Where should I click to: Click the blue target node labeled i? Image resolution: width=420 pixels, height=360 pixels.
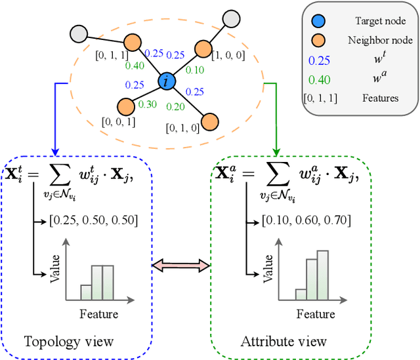click(x=167, y=82)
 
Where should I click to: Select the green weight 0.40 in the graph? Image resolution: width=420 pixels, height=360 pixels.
click(x=135, y=65)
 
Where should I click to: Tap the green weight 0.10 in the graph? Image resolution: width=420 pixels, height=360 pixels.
click(x=195, y=70)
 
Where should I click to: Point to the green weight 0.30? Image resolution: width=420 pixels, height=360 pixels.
click(x=148, y=104)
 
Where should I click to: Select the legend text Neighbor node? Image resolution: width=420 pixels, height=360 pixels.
click(x=379, y=41)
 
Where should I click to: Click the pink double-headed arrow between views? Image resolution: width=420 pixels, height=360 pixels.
click(x=180, y=265)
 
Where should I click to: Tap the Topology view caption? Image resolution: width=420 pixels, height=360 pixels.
click(x=69, y=342)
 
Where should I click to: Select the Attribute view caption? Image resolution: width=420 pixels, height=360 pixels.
click(x=283, y=342)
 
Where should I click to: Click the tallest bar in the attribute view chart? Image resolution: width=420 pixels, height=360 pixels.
click(x=322, y=275)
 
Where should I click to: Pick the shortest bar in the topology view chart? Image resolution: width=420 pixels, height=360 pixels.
click(x=86, y=292)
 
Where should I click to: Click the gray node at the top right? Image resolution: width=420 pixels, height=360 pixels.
click(x=231, y=18)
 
